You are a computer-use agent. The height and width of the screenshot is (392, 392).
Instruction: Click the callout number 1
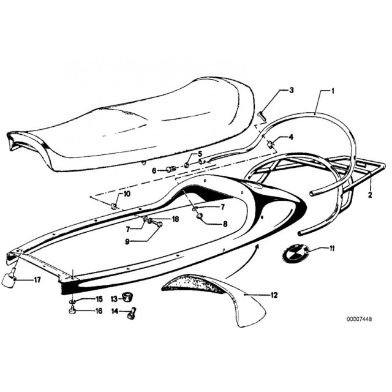click(333, 91)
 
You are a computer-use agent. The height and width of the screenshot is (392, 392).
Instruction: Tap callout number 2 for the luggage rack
click(370, 195)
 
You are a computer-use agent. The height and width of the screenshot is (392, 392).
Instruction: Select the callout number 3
click(292, 90)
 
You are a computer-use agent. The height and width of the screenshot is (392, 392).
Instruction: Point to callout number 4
click(291, 137)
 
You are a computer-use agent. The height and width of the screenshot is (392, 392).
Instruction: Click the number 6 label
click(154, 171)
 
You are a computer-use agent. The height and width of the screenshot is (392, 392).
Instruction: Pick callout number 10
click(127, 194)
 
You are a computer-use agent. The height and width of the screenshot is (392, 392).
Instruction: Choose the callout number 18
click(176, 219)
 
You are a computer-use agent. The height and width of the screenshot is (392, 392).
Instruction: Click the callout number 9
click(127, 242)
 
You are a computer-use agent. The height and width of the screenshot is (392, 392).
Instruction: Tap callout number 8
click(225, 224)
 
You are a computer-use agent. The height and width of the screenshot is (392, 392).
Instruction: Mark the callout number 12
click(274, 295)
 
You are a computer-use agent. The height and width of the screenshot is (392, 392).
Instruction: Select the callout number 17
click(37, 280)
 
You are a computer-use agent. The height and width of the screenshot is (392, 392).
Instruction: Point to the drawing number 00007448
click(359, 319)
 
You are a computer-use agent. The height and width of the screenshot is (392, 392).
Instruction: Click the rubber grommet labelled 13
click(127, 298)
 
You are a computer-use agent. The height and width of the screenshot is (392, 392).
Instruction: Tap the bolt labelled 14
click(132, 313)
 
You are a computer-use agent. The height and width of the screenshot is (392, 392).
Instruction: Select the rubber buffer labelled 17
click(9, 278)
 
